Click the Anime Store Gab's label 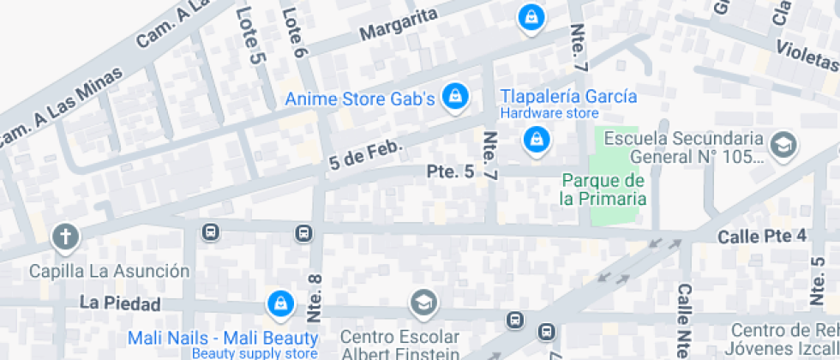(360, 99)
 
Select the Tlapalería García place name (568, 95)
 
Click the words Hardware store (549, 113)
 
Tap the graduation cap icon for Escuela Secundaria (783, 146)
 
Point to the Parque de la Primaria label (603, 189)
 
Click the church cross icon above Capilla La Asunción (64, 237)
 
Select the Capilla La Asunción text (110, 272)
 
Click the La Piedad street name (120, 303)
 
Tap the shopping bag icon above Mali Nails (279, 303)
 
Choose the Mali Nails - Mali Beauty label (223, 338)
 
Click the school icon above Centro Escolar (423, 303)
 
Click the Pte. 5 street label (450, 172)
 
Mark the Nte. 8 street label (315, 301)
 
